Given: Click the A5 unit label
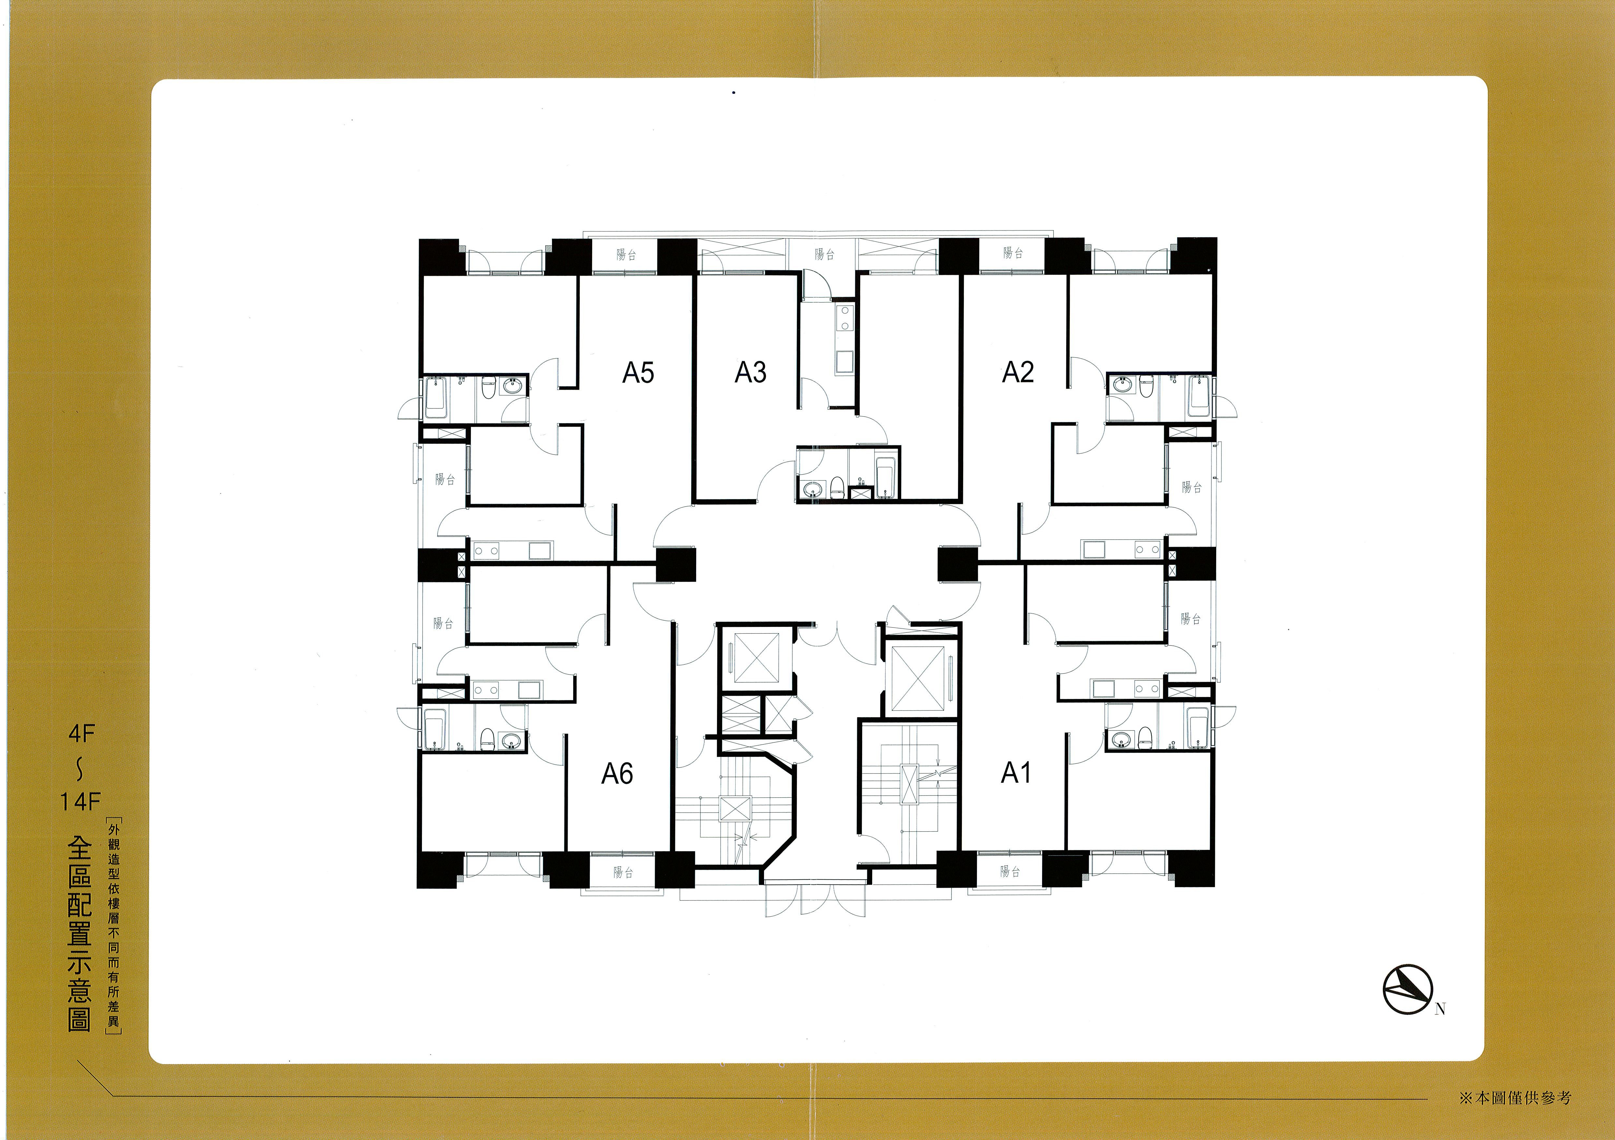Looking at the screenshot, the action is click(x=638, y=372).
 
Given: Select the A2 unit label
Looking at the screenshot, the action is click(x=1018, y=372).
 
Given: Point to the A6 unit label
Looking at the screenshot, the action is click(x=617, y=774).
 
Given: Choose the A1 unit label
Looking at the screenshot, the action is click(x=1016, y=773).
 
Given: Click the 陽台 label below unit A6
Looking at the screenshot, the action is click(x=623, y=872).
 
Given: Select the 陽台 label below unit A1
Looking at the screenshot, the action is click(x=1010, y=871).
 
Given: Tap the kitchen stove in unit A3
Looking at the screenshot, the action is click(x=844, y=318).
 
